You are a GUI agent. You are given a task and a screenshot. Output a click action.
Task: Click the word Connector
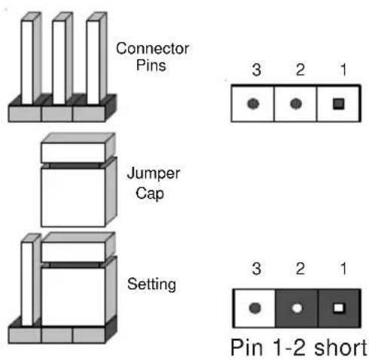pyautogui.click(x=152, y=48)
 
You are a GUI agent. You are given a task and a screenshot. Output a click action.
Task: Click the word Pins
pyautogui.click(x=151, y=65)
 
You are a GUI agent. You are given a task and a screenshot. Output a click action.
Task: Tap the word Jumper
pyautogui.click(x=154, y=174)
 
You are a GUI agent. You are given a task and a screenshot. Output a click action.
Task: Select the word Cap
pyautogui.click(x=150, y=194)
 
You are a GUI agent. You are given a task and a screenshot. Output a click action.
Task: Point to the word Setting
pyautogui.click(x=151, y=285)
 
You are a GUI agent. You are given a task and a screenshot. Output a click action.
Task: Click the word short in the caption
pyautogui.click(x=340, y=348)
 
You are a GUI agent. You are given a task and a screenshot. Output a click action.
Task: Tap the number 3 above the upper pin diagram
pyautogui.click(x=257, y=69)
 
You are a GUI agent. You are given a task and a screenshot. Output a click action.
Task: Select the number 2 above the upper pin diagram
pyautogui.click(x=300, y=69)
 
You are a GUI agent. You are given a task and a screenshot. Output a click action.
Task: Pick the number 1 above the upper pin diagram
pyautogui.click(x=343, y=69)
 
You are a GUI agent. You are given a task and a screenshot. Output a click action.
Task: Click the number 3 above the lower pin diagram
pyautogui.click(x=257, y=269)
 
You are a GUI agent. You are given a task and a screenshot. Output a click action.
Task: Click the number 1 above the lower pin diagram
pyautogui.click(x=343, y=269)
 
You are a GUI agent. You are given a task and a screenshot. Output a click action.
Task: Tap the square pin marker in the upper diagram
pyautogui.click(x=338, y=104)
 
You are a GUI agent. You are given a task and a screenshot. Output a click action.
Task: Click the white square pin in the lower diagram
pyautogui.click(x=339, y=308)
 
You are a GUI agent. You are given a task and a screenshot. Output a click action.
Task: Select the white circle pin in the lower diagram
pyautogui.click(x=297, y=308)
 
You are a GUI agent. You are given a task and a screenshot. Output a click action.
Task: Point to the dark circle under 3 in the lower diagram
pyautogui.click(x=255, y=308)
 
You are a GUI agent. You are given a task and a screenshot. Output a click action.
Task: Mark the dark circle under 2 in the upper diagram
pyautogui.click(x=296, y=104)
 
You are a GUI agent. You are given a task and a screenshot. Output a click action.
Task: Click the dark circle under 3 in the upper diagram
pyautogui.click(x=253, y=104)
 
